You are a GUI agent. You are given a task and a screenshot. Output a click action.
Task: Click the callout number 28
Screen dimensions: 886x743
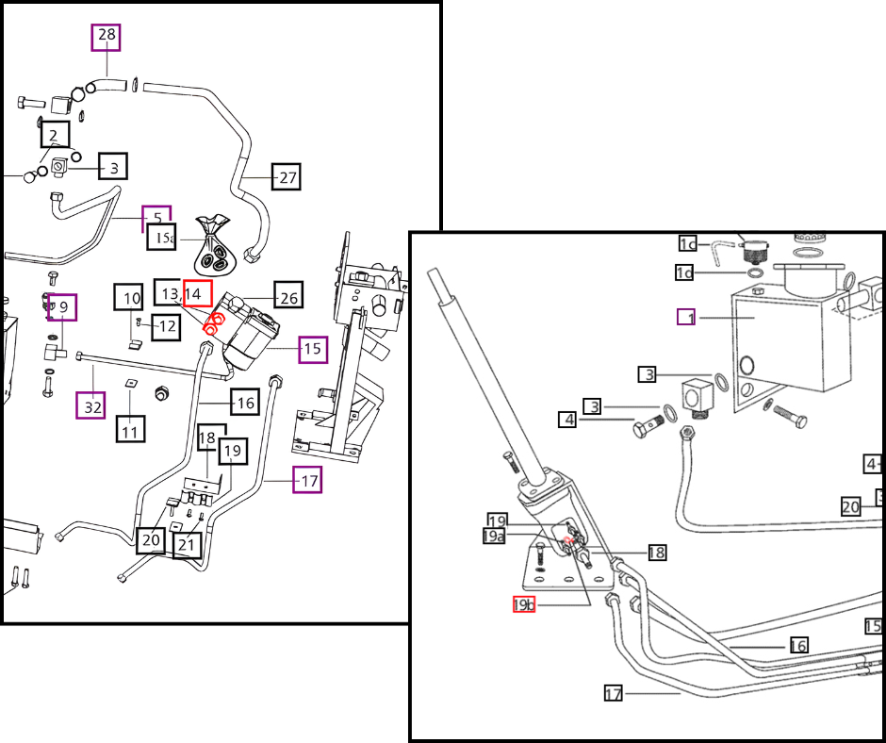coord(107,38)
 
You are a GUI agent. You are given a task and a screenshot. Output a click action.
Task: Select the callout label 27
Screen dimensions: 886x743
coord(287,176)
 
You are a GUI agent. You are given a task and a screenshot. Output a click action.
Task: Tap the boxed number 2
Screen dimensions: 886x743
coord(54,135)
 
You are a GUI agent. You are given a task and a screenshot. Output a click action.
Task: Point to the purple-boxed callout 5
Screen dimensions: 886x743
coord(156,218)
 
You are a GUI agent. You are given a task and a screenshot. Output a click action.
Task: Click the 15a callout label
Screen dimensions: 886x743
coord(162,238)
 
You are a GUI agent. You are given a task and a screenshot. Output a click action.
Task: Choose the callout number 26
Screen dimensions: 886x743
coord(288,297)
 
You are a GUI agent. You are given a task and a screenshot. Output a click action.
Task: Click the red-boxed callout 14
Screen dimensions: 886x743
coord(197,294)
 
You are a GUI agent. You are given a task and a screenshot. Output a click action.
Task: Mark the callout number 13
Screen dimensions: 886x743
coord(170,294)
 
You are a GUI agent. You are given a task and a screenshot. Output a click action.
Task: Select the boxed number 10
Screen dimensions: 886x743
coord(130,298)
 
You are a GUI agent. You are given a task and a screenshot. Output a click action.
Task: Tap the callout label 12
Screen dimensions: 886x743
coord(166,327)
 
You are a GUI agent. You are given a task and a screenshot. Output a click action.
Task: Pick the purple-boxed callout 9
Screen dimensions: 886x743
coord(62,307)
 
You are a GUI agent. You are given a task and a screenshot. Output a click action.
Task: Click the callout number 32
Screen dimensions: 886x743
coord(91,406)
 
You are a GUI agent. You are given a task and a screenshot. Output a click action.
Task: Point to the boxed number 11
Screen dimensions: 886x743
coord(130,431)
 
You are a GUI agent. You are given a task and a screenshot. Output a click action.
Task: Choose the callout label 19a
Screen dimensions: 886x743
coord(494,536)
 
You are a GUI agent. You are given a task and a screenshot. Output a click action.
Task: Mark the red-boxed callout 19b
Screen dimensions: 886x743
coord(524,604)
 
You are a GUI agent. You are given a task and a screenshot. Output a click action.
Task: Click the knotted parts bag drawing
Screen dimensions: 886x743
coord(216,246)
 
